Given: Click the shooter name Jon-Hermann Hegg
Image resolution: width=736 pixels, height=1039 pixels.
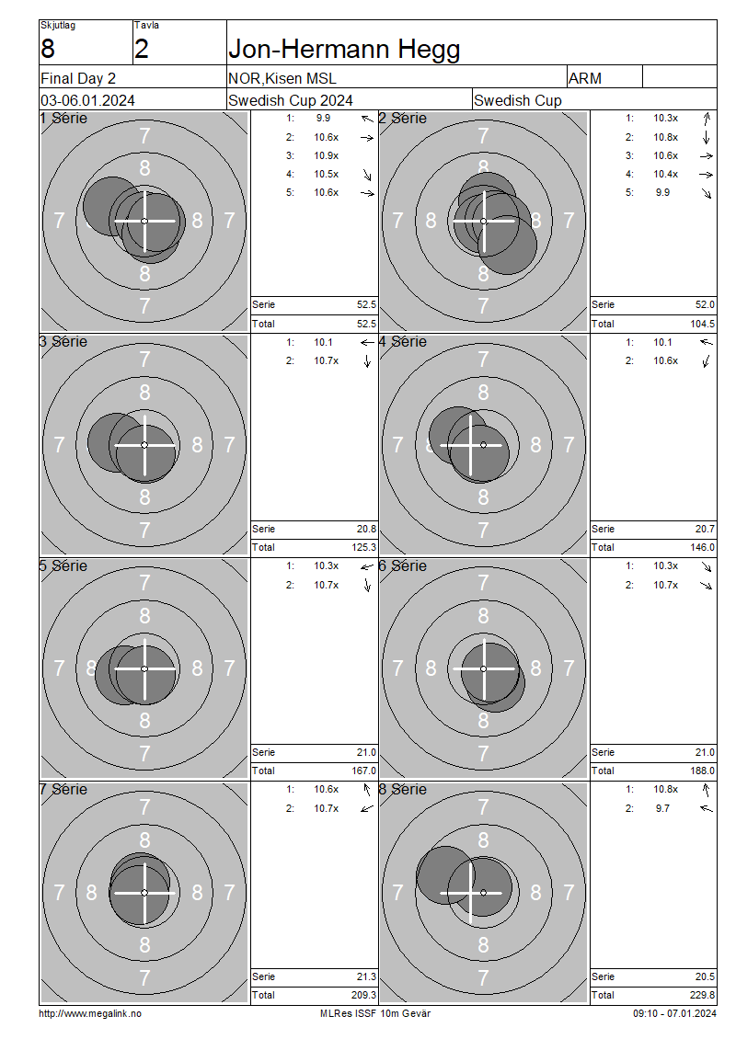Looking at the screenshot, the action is (343, 49).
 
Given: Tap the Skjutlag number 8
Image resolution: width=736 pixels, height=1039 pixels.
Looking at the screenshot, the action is (48, 49).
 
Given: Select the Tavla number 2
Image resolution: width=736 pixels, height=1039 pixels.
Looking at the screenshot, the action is (142, 49).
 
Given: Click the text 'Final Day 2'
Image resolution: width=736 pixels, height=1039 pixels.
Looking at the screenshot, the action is (78, 78).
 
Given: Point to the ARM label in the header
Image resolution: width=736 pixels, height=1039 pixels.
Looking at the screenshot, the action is (585, 78).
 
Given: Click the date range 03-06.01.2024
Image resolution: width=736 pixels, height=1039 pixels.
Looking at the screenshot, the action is (87, 101).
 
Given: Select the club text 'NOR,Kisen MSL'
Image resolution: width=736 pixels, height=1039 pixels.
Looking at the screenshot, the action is (282, 78).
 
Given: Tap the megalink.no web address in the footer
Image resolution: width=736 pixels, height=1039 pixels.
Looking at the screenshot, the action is (90, 1013).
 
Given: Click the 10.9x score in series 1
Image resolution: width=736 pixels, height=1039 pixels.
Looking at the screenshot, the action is (327, 155).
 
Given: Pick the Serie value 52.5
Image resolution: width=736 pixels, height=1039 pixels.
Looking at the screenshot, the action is (366, 305).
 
